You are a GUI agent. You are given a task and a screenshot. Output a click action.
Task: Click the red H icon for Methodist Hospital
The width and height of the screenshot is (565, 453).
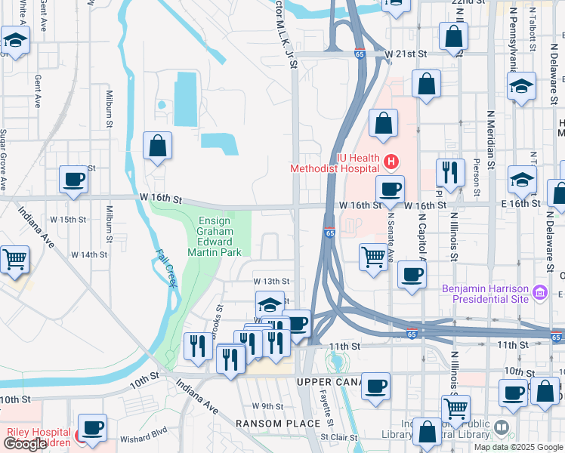[391, 161]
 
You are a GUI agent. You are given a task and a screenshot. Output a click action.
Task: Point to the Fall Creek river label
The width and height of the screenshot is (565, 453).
[166, 269]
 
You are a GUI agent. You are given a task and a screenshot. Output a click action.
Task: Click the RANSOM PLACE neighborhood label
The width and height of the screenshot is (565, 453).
[278, 424]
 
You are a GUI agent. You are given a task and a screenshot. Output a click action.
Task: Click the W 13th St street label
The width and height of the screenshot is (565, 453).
[271, 282]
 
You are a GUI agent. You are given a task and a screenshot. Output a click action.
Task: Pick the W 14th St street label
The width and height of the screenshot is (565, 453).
[90, 255]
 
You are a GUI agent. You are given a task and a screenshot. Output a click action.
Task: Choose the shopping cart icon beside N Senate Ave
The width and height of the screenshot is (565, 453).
[373, 258]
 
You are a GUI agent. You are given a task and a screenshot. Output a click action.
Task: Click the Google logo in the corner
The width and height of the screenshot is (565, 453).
[25, 444]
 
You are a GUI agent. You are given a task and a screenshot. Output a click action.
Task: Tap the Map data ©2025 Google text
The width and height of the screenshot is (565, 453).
[517, 447]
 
